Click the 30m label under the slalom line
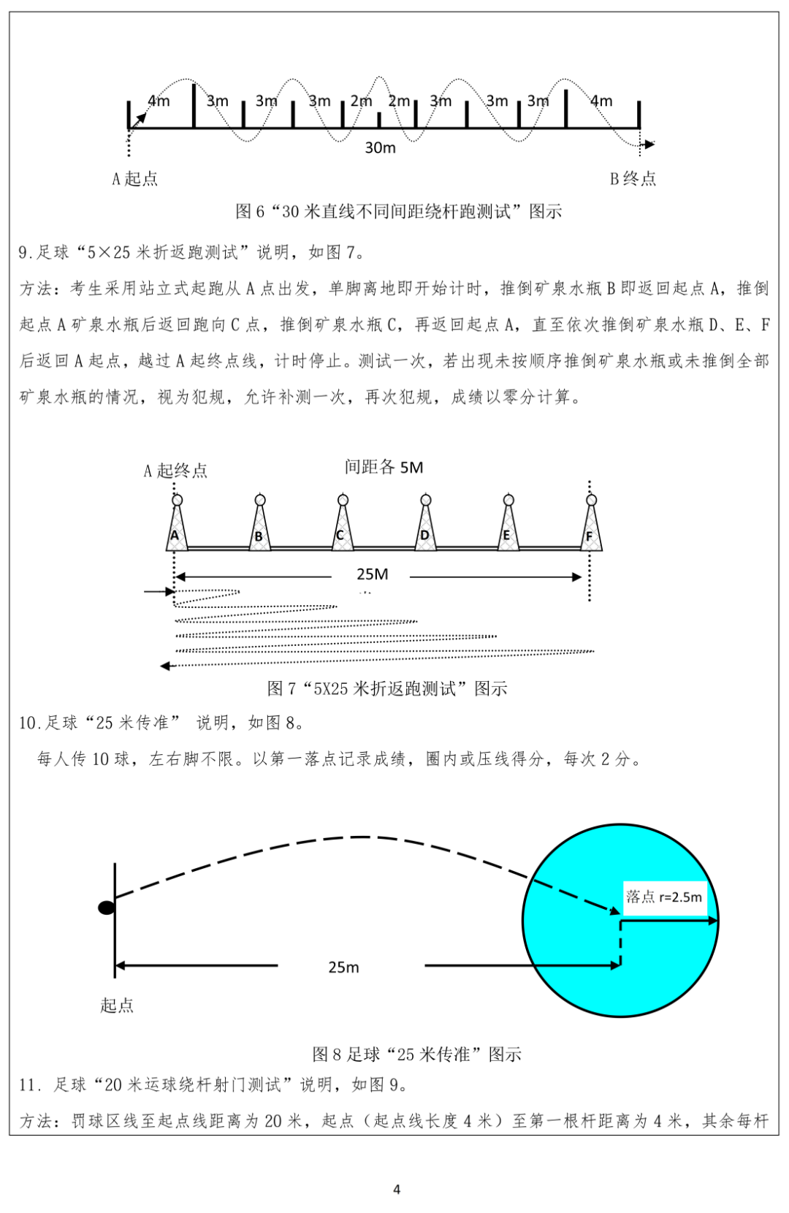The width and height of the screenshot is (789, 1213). [380, 148]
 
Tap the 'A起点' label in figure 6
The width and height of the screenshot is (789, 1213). [134, 179]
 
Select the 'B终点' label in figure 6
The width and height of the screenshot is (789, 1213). [633, 179]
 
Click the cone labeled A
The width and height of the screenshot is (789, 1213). [176, 526]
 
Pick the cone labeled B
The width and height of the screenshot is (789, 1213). [259, 526]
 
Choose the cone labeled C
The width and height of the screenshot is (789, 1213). [342, 526]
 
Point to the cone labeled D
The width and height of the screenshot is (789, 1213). [425, 526]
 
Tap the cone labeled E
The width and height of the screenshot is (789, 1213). [508, 526]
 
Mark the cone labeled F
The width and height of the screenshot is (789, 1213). [590, 526]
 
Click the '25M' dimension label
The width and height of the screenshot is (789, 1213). [372, 574]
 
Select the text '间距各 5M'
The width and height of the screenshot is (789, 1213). [384, 468]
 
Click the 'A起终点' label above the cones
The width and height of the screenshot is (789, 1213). [175, 471]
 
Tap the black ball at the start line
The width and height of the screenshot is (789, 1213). [107, 908]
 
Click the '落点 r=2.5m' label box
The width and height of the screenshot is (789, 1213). [664, 897]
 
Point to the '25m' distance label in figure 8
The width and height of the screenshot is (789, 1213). [343, 967]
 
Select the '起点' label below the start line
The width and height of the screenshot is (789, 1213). [117, 1005]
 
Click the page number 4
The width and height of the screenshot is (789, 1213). [397, 1190]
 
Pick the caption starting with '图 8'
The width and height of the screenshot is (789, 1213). [416, 1054]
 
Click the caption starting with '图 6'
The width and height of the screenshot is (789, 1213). [398, 212]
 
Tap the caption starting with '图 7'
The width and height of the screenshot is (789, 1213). [387, 688]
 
